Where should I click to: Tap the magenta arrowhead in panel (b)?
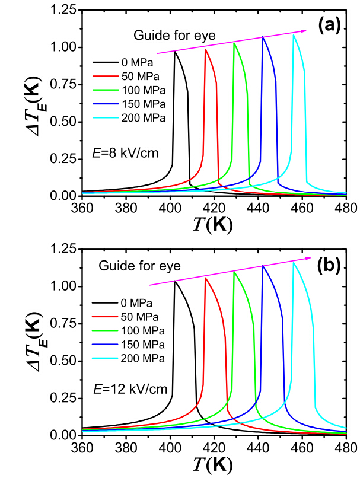pos(308,258)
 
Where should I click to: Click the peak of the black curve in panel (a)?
pos(175,52)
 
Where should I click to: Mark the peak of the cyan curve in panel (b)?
pos(293,263)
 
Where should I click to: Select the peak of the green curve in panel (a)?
pos(235,43)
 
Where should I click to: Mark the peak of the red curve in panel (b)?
pos(205,278)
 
